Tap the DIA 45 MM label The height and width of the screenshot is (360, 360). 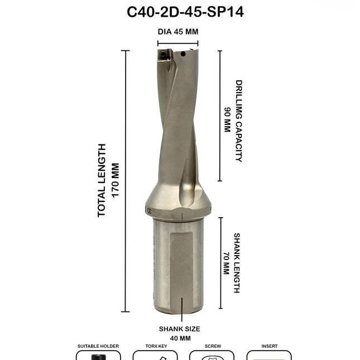tap(177, 32)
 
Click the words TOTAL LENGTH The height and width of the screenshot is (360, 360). tap(102, 180)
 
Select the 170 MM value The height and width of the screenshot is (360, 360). tap(116, 180)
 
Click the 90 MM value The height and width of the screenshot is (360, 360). tap(227, 119)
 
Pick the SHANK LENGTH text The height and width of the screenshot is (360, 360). tap(237, 263)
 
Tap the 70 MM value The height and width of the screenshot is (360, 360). tap(226, 263)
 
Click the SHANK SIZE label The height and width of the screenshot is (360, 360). tap(179, 329)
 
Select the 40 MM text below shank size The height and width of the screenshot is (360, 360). tap(179, 338)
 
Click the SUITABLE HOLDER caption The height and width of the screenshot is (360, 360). tap(98, 347)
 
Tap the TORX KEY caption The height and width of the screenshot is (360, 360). tap(155, 347)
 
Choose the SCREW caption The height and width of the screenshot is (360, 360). tap(213, 347)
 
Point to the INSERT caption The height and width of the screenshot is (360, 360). tap(270, 347)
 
